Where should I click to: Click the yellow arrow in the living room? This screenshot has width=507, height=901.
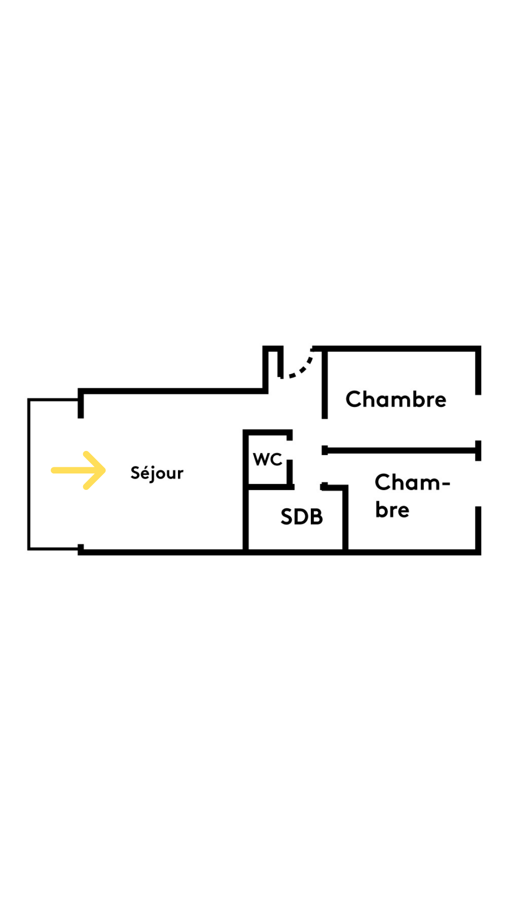[78, 470]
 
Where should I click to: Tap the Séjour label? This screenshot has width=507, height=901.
[157, 473]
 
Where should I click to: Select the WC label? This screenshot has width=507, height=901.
[268, 459]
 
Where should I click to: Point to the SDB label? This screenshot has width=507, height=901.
[301, 517]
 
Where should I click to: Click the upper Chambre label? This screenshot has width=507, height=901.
[396, 399]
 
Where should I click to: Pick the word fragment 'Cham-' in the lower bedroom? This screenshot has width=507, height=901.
[412, 482]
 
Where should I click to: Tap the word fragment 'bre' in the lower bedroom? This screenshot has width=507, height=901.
[392, 510]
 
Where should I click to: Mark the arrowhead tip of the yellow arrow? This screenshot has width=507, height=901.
[104, 470]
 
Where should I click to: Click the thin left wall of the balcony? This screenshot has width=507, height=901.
[29, 474]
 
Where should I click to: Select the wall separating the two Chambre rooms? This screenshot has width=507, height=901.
[401, 450]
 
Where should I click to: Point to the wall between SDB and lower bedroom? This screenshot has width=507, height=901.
[346, 519]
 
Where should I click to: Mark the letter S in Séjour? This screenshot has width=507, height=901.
[135, 473]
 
